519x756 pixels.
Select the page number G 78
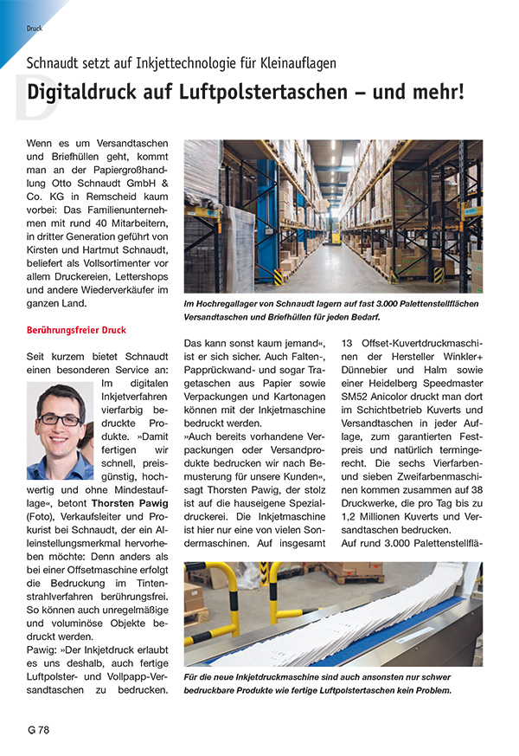(38, 729)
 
